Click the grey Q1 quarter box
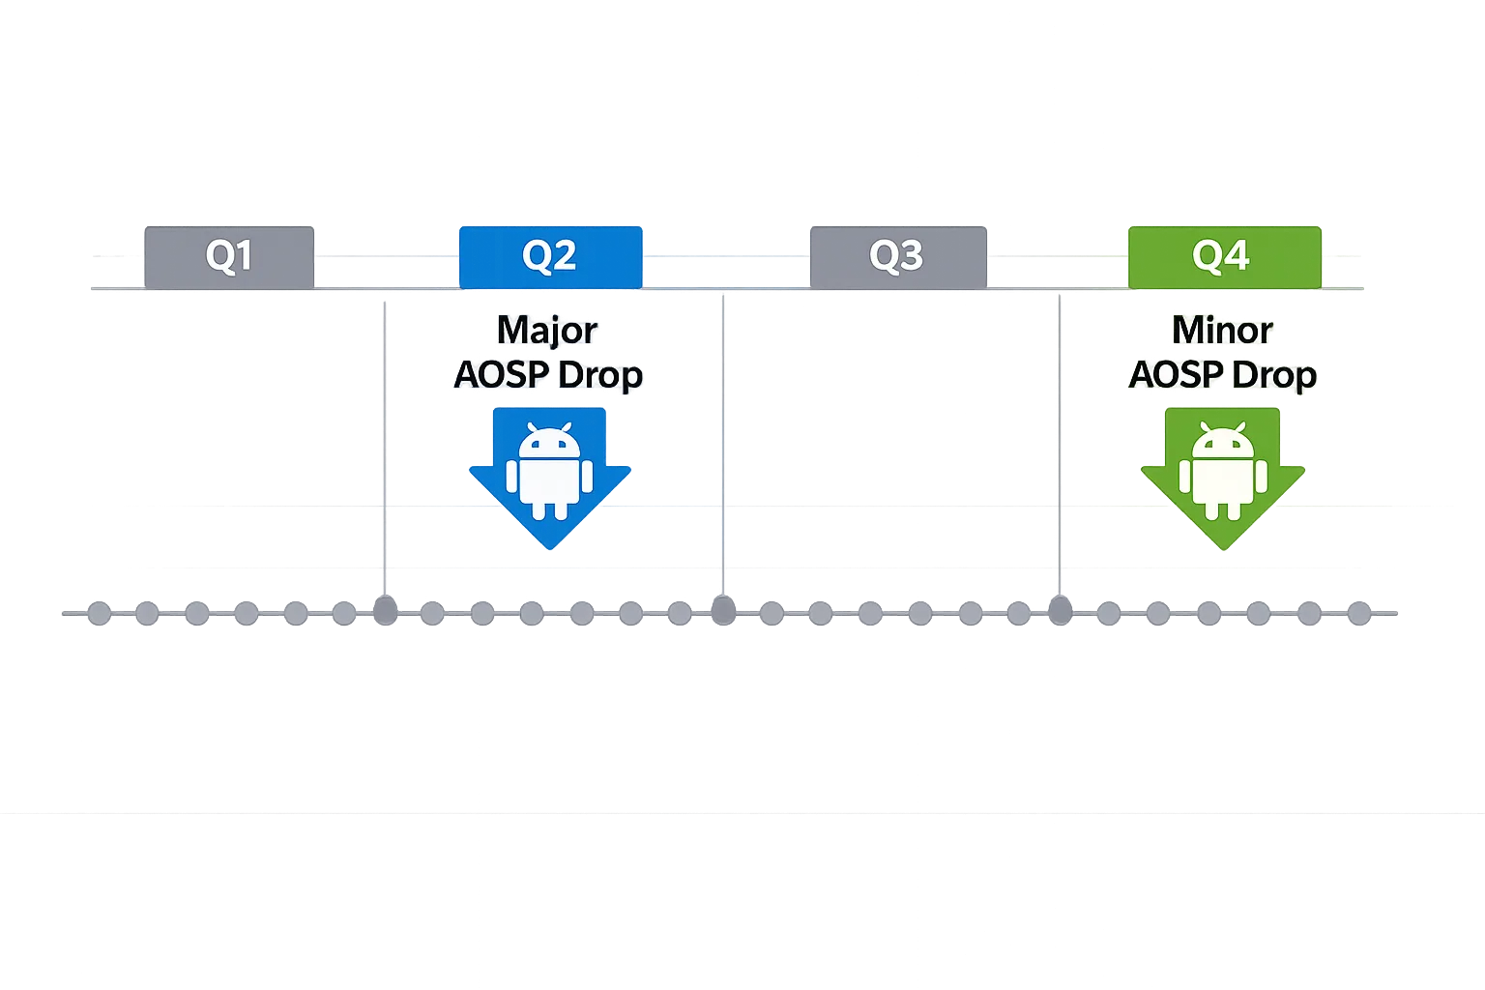229,257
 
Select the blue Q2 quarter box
549,257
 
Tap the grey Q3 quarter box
897,257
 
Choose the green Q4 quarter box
1223,257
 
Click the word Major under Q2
546,331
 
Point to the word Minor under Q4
1222,331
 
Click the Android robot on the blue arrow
549,471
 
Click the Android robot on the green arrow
1222,471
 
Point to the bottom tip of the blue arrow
549,549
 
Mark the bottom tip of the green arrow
1222,551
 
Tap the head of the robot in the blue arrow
549,442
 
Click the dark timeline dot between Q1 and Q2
386,611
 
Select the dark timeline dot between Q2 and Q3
723,611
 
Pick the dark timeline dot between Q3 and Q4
1061,611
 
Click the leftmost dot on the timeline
99,613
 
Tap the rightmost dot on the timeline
1358,613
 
